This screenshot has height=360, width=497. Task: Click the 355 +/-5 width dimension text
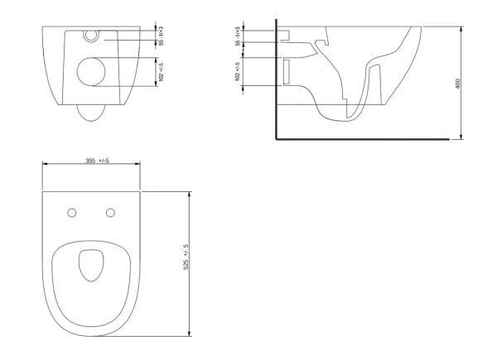pos(97,161)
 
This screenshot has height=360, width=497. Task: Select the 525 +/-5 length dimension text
pos(186,257)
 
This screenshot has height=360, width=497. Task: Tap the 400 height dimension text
pos(457,84)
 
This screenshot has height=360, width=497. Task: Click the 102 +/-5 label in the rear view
pos(161,72)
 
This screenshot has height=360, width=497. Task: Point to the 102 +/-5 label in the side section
pos(238,71)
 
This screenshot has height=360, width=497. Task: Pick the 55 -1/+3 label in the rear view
pos(161,36)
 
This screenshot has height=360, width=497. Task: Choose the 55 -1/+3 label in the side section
pos(238,36)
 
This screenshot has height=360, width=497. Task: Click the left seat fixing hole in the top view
pos(72,213)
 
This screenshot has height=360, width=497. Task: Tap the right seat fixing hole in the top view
pos(110,213)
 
